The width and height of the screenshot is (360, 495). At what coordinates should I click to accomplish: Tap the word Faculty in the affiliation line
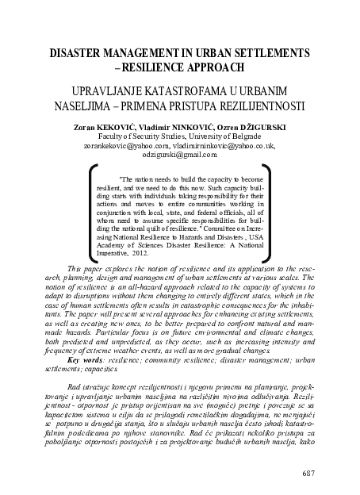pyautogui.click(x=131, y=136)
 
